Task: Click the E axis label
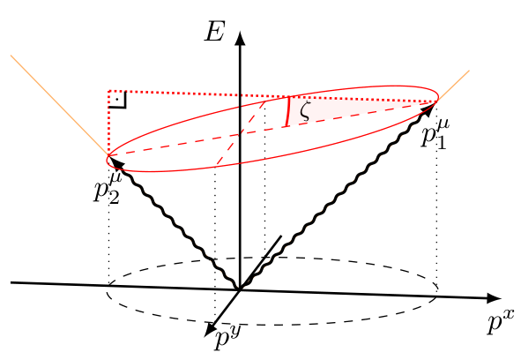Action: (214, 32)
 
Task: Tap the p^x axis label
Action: (501, 321)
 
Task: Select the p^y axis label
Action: (227, 338)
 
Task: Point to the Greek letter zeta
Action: (305, 111)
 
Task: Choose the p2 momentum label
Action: (108, 188)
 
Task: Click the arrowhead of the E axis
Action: (240, 37)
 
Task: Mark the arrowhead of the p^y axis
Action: (210, 329)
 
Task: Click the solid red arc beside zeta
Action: (288, 111)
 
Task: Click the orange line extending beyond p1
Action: (454, 86)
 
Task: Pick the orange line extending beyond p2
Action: (59, 105)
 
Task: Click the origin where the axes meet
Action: (240, 290)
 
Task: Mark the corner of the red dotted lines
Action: (109, 91)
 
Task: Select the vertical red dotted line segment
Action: (109, 124)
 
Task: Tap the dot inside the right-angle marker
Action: (117, 99)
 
